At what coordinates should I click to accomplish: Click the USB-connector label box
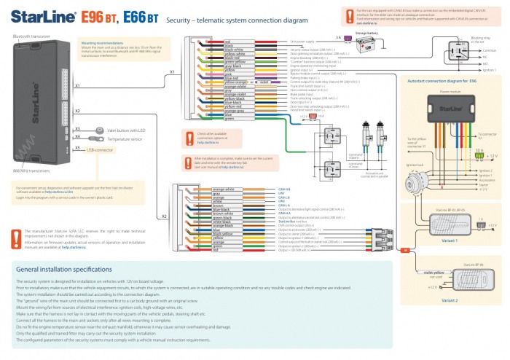click(99, 149)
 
